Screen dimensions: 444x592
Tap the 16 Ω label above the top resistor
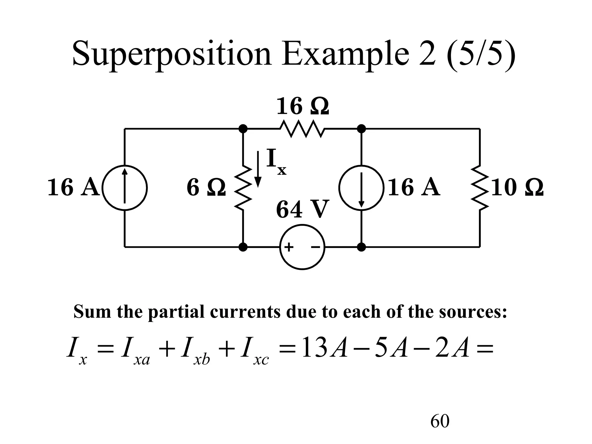pyautogui.click(x=302, y=106)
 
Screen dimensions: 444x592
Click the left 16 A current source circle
pyautogui.click(x=125, y=188)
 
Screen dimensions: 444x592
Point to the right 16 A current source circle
pyautogui.click(x=361, y=188)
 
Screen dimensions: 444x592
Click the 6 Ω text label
pyautogui.click(x=206, y=188)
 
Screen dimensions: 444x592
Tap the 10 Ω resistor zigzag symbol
pyautogui.click(x=480, y=188)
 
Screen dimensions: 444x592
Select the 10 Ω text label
pyautogui.click(x=517, y=188)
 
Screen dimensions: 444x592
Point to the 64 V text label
pyautogui.click(x=302, y=210)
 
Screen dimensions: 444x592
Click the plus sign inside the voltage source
pyautogui.click(x=289, y=247)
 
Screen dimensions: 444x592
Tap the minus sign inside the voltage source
pyautogui.click(x=315, y=247)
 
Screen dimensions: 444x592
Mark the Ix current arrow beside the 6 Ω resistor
pyautogui.click(x=258, y=169)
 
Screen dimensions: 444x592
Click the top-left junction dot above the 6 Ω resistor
pyautogui.click(x=243, y=129)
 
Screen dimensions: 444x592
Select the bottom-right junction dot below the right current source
pyautogui.click(x=361, y=247)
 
